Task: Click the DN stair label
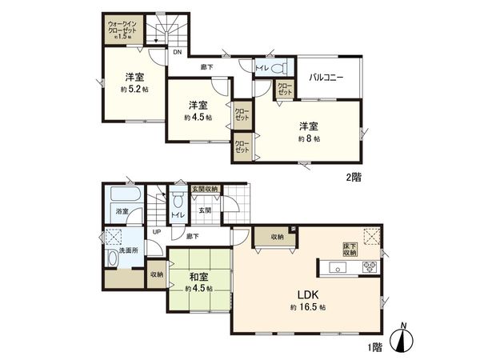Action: coord(177,54)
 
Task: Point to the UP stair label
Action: coord(157,232)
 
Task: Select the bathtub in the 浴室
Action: coord(125,195)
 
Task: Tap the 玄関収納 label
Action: coord(205,189)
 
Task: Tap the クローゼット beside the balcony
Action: coord(285,90)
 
